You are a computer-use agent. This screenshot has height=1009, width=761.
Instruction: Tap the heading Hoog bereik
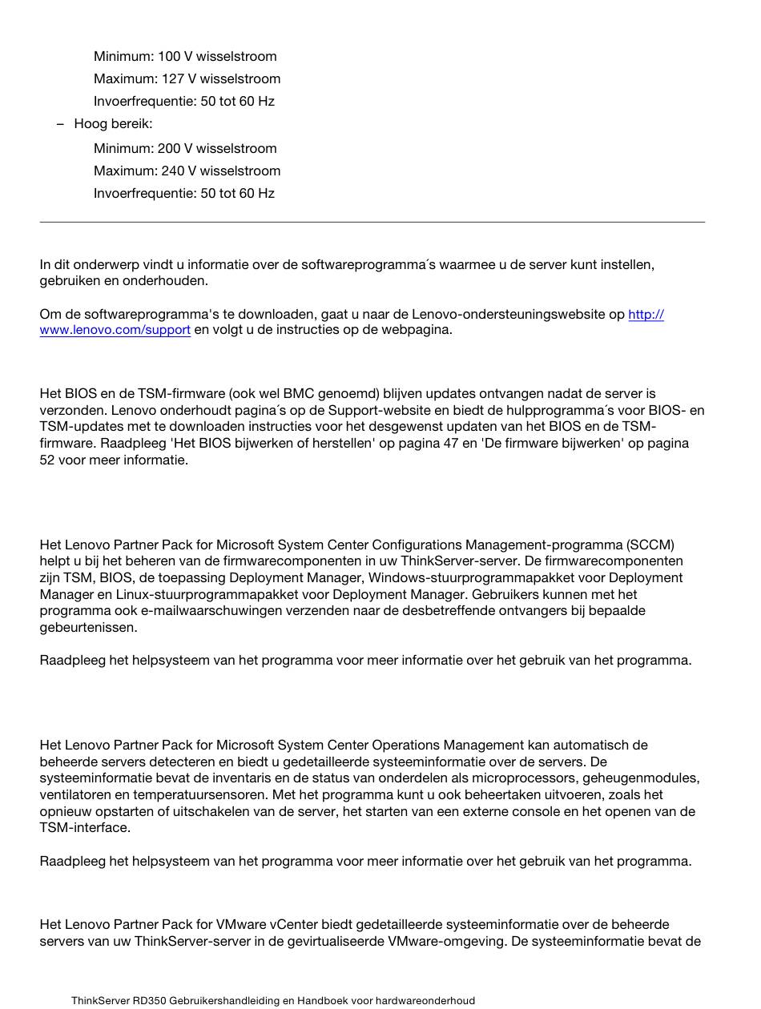[113, 123]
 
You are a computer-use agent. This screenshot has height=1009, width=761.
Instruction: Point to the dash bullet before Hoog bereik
[60, 123]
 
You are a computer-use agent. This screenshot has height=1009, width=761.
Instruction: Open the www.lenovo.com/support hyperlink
[115, 330]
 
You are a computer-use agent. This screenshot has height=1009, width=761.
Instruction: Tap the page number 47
[451, 443]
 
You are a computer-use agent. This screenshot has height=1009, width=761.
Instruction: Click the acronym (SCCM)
[650, 545]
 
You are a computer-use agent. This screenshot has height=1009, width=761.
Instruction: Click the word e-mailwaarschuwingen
[187, 610]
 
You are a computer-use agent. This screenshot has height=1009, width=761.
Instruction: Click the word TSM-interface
[85, 827]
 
